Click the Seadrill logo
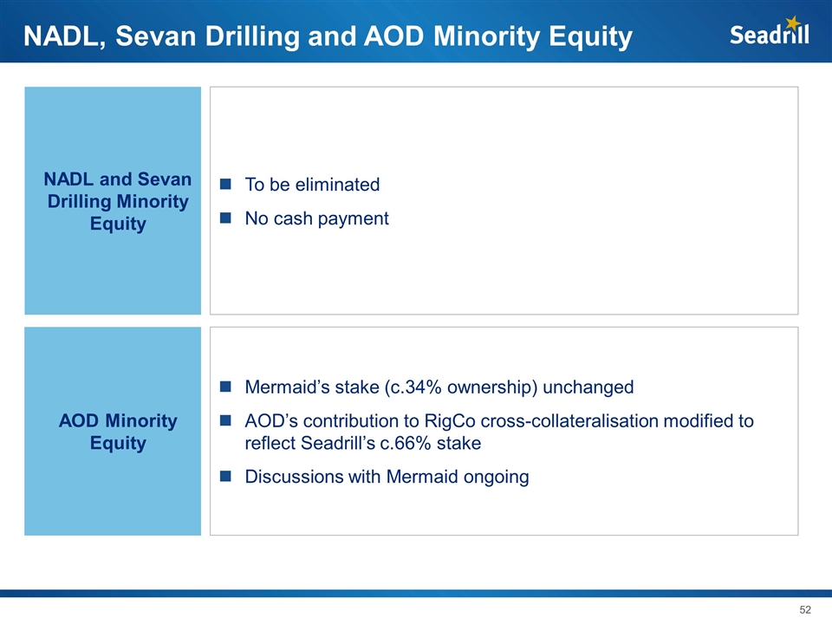pos(770,32)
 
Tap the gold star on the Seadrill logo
pos(793,23)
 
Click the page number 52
pos(805,609)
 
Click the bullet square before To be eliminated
pos(225,184)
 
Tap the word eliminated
pos(337,185)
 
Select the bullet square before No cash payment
pos(225,218)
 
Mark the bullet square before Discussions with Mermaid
pos(225,476)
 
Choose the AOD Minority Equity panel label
pos(118,432)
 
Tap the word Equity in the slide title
pos(590,37)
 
